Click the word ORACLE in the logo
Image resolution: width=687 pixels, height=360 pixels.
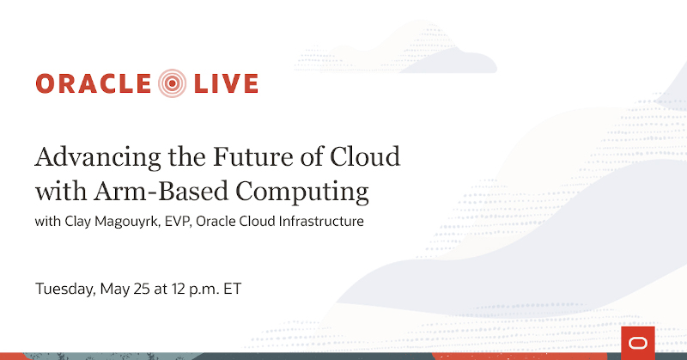pos(94,83)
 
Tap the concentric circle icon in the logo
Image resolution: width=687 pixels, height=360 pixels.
pos(173,83)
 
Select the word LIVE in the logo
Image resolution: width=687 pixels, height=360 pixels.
pos(226,83)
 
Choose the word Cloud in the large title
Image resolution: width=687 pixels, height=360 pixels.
pos(365,156)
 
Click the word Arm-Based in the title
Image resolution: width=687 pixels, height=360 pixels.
pos(161,192)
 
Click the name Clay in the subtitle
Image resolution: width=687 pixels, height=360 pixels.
pos(77,222)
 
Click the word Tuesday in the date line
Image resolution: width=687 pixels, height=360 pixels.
pos(65,290)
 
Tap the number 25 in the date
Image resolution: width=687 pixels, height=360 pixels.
pos(141,289)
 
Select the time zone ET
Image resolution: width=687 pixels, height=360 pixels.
pos(232,289)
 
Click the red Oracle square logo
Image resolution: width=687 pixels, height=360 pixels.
pos(638,343)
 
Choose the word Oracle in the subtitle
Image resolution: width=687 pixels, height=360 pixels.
pos(215,221)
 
